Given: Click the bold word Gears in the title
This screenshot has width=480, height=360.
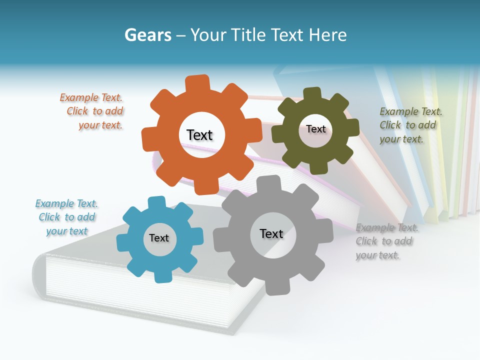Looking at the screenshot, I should (x=147, y=35).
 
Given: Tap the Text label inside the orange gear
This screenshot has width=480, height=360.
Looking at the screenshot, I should (x=199, y=135).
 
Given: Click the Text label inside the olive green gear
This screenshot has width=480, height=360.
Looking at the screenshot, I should (x=315, y=129).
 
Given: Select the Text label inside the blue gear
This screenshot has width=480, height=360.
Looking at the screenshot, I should (x=159, y=238).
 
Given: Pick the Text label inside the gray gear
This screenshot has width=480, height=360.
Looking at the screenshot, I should (x=271, y=234).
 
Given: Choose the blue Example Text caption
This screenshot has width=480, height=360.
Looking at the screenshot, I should (x=66, y=217).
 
